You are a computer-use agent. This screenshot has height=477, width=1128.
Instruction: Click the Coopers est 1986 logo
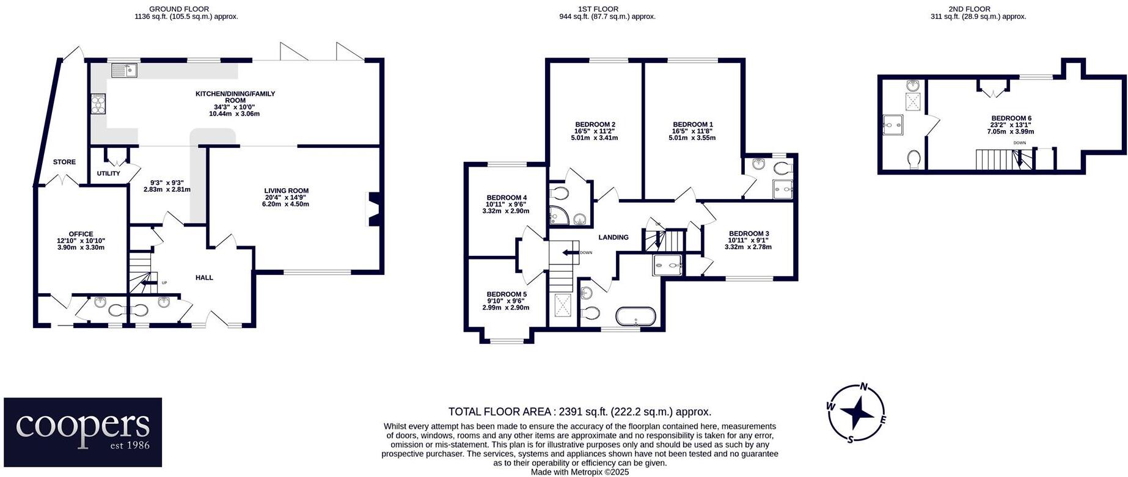tap(82, 432)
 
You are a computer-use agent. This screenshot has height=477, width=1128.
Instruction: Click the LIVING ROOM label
tap(286, 191)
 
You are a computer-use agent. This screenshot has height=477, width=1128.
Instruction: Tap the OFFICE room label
tap(81, 234)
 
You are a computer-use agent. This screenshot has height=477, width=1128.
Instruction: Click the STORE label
tap(64, 162)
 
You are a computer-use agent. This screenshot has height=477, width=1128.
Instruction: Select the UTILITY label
tap(109, 173)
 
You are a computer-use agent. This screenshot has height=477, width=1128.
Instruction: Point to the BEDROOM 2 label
tap(595, 125)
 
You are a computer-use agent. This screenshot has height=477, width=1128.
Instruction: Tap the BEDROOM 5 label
tap(507, 294)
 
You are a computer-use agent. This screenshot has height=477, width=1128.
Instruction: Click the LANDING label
tap(613, 238)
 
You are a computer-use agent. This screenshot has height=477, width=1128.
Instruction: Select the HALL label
tap(204, 278)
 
